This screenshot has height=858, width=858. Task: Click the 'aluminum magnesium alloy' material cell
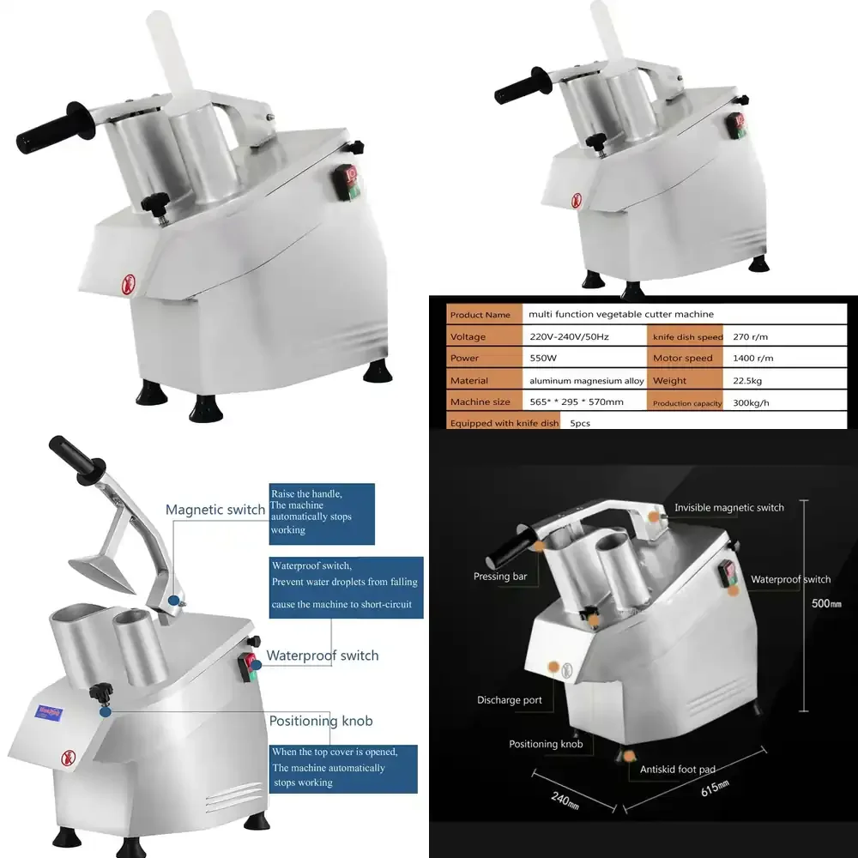(x=585, y=380)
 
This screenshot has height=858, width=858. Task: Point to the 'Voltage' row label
(x=468, y=336)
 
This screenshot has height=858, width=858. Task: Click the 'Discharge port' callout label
(x=510, y=700)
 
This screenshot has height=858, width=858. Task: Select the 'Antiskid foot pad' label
(x=678, y=770)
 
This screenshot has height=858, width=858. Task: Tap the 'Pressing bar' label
(x=500, y=577)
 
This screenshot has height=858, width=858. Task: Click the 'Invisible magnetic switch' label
(x=728, y=508)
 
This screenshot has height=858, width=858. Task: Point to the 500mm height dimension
(x=826, y=603)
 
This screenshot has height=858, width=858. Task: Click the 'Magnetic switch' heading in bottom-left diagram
(x=215, y=510)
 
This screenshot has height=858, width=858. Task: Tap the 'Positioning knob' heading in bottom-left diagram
(x=321, y=721)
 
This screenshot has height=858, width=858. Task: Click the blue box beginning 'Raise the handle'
(x=322, y=513)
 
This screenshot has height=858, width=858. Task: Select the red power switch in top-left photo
(x=347, y=182)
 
